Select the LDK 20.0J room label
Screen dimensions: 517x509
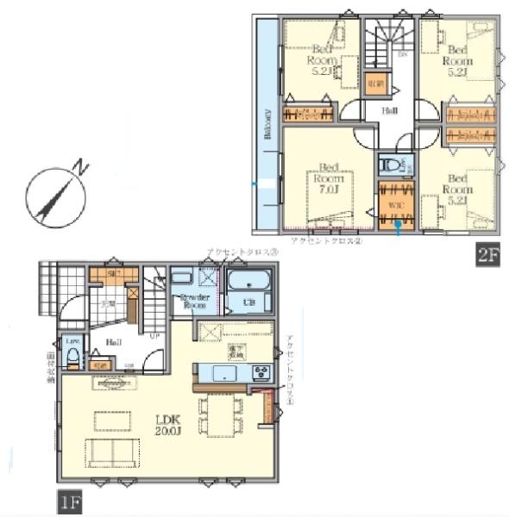[x=168, y=424]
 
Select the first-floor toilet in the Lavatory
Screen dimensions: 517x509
[x=73, y=357]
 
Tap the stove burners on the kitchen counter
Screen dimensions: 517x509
[x=261, y=372]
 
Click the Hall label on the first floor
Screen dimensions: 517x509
[x=112, y=341]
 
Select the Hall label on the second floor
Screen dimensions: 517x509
[x=390, y=110]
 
